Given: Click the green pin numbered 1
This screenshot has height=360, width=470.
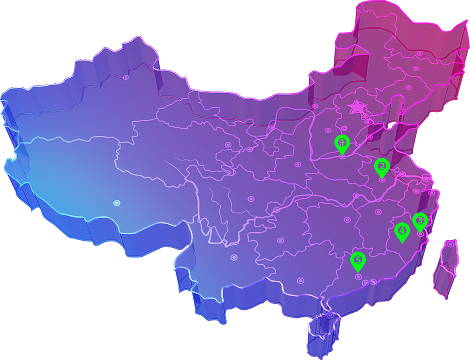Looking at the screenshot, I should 342,143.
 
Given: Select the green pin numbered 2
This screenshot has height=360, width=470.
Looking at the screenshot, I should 382,166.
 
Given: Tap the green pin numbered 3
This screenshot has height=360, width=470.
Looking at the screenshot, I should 420,221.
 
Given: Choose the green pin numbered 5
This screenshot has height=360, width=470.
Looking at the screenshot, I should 358,261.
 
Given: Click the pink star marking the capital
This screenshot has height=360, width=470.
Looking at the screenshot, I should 357,107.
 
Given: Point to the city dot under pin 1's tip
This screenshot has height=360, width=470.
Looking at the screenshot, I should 342,157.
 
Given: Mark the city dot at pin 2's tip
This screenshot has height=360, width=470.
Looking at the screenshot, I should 382,180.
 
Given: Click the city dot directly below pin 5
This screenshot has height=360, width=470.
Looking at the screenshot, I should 358,276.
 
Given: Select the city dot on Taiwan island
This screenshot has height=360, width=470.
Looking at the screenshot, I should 451,244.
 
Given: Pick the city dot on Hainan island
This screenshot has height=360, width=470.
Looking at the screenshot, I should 330,316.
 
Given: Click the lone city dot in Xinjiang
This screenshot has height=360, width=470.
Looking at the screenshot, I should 126,77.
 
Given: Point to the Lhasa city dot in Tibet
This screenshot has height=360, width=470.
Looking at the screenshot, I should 116,203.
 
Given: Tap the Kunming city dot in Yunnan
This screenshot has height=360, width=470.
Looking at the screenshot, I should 234,257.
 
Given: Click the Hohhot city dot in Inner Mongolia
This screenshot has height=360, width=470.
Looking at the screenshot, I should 315,107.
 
